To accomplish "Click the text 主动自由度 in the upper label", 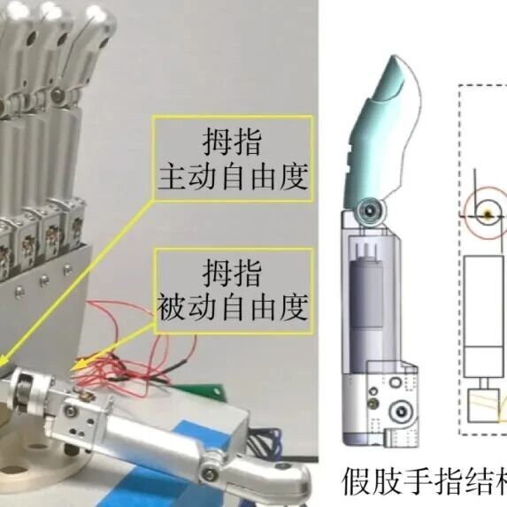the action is point(233,178).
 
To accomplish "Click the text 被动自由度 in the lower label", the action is point(233,308).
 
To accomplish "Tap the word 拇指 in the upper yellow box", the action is point(232,142).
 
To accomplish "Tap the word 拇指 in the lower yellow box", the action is point(232,273).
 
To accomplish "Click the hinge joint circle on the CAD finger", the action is point(369,211).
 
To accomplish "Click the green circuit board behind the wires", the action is point(207,392).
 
